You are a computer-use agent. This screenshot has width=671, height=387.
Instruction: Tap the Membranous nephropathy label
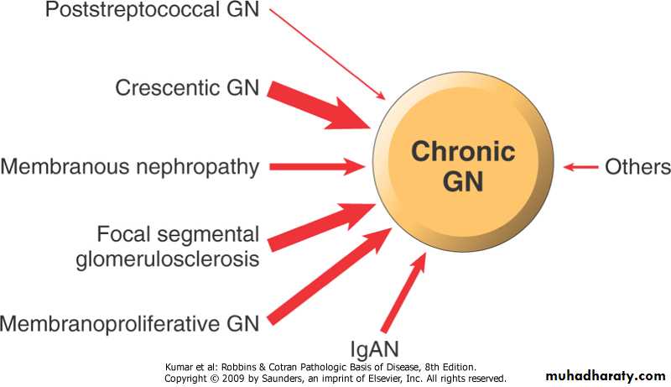tap(130, 165)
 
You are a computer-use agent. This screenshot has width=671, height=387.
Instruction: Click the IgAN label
tap(375, 348)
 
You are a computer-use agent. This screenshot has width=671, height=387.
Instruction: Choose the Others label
tap(637, 166)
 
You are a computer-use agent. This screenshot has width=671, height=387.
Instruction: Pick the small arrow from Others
tap(580, 167)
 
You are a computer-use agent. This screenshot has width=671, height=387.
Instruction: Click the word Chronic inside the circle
tap(462, 153)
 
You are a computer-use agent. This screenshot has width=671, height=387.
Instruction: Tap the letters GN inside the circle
tap(462, 181)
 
